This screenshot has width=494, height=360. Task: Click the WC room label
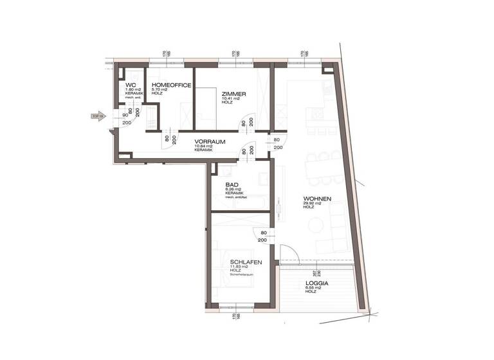[130, 85]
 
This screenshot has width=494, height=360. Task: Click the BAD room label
[232, 184]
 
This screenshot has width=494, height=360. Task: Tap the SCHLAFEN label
[246, 262]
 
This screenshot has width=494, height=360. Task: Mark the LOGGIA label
[317, 283]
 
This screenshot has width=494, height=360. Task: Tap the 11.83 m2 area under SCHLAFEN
[241, 266]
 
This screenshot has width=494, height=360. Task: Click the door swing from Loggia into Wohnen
[287, 253]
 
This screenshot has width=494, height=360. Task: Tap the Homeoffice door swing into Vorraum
[167, 140]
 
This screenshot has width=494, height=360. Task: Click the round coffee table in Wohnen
[315, 225]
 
